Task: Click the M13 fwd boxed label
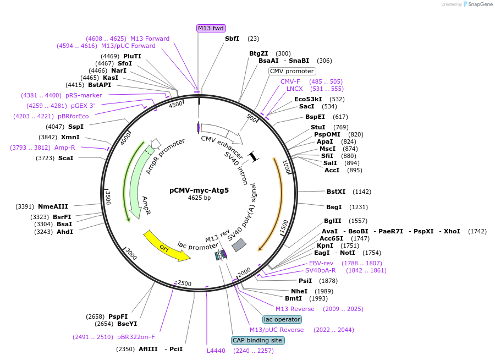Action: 211,28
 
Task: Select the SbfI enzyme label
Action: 232,39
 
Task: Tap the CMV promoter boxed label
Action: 292,71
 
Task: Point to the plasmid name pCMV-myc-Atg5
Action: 199,190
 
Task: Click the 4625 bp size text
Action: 199,198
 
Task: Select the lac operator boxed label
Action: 282,319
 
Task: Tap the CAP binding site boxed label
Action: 257,340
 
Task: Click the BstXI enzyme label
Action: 335,192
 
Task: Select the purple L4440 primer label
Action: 216,351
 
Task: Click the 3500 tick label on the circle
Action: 108,198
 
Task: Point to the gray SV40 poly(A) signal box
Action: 239,246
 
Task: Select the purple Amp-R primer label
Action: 65,148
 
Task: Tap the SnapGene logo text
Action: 480,4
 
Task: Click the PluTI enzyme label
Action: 132,56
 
